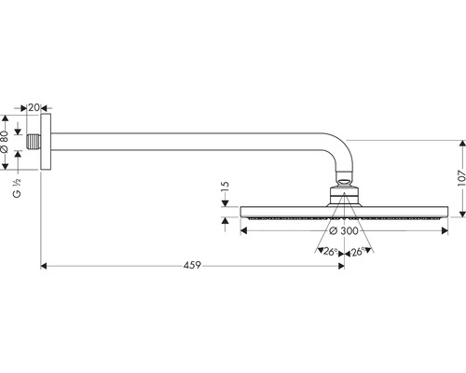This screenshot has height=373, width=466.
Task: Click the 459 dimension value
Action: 192,266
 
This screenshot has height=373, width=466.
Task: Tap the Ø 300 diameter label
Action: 344,231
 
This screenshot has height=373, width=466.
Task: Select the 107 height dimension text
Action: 462,178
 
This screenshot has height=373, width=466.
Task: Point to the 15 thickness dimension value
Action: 226,188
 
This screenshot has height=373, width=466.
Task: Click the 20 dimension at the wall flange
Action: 34,107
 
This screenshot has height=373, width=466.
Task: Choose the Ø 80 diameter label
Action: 5,142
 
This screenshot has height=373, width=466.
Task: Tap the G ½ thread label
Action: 17,188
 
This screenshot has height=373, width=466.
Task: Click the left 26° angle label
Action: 330,252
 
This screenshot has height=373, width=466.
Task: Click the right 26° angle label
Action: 358,252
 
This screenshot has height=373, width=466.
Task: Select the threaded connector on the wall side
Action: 34,142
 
